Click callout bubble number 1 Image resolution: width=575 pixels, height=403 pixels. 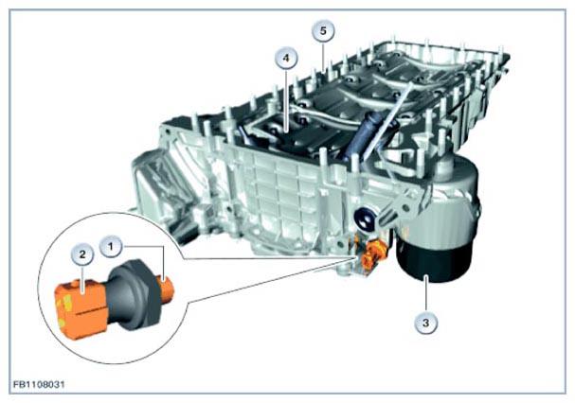point(112,246)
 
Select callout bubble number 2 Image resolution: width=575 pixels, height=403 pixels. point(81,254)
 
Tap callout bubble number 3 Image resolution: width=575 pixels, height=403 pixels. point(426,323)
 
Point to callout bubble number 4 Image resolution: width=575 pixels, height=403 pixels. point(287,58)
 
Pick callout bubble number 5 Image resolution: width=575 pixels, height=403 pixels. point(323,31)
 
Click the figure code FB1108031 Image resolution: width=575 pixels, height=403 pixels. point(39,385)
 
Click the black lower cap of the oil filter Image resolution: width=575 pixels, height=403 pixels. point(433,261)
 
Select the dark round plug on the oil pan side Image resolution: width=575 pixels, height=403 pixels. point(365,219)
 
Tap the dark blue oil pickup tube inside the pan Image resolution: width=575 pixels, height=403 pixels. point(365,135)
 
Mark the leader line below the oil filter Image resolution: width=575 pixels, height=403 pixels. point(426,294)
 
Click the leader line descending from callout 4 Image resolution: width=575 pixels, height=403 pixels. point(287,99)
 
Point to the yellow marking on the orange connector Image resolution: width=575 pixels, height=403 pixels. point(67,304)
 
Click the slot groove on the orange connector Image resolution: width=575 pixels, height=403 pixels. point(91,312)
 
